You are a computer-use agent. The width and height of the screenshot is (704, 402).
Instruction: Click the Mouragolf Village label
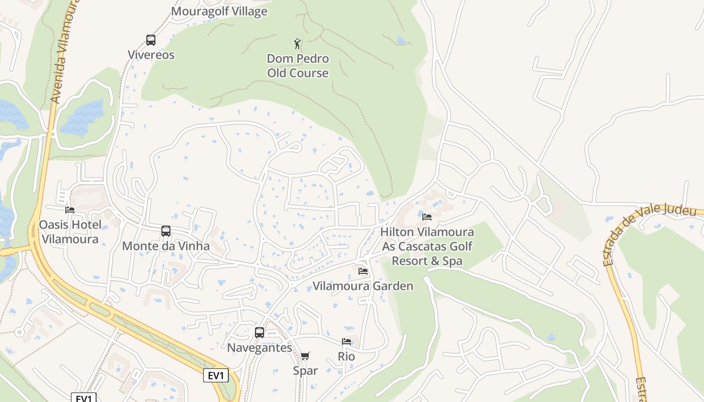click(x=219, y=11)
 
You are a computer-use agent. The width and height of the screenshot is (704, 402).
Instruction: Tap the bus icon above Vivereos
click(x=150, y=40)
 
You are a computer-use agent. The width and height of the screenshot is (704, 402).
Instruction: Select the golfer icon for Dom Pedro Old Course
click(x=297, y=43)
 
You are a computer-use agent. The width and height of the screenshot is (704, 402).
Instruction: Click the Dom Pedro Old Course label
click(x=298, y=66)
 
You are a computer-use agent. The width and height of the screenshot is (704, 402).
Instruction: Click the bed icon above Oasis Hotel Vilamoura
click(x=70, y=210)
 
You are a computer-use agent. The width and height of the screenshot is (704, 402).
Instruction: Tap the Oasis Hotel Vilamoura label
click(x=70, y=232)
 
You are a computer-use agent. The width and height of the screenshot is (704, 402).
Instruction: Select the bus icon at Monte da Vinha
click(x=166, y=231)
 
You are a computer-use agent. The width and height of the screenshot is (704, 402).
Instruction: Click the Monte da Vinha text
click(x=166, y=246)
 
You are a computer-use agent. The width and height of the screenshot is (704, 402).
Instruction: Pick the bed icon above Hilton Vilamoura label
click(x=427, y=217)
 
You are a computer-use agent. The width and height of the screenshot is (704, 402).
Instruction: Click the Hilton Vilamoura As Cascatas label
click(x=427, y=246)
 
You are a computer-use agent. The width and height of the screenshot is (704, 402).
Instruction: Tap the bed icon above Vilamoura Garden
click(x=363, y=271)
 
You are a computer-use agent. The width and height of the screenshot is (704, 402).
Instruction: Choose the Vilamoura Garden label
click(x=363, y=286)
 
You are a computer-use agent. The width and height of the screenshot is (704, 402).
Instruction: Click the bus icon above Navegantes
click(x=259, y=332)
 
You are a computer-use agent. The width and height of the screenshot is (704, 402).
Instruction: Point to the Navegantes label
click(x=259, y=347)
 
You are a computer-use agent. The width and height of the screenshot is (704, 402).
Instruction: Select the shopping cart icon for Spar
click(x=305, y=356)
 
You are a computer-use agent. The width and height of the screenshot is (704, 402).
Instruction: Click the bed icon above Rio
click(x=346, y=342)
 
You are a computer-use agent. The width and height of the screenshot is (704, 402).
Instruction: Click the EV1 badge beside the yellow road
click(x=216, y=375)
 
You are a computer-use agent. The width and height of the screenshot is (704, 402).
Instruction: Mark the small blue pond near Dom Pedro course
click(x=401, y=41)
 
